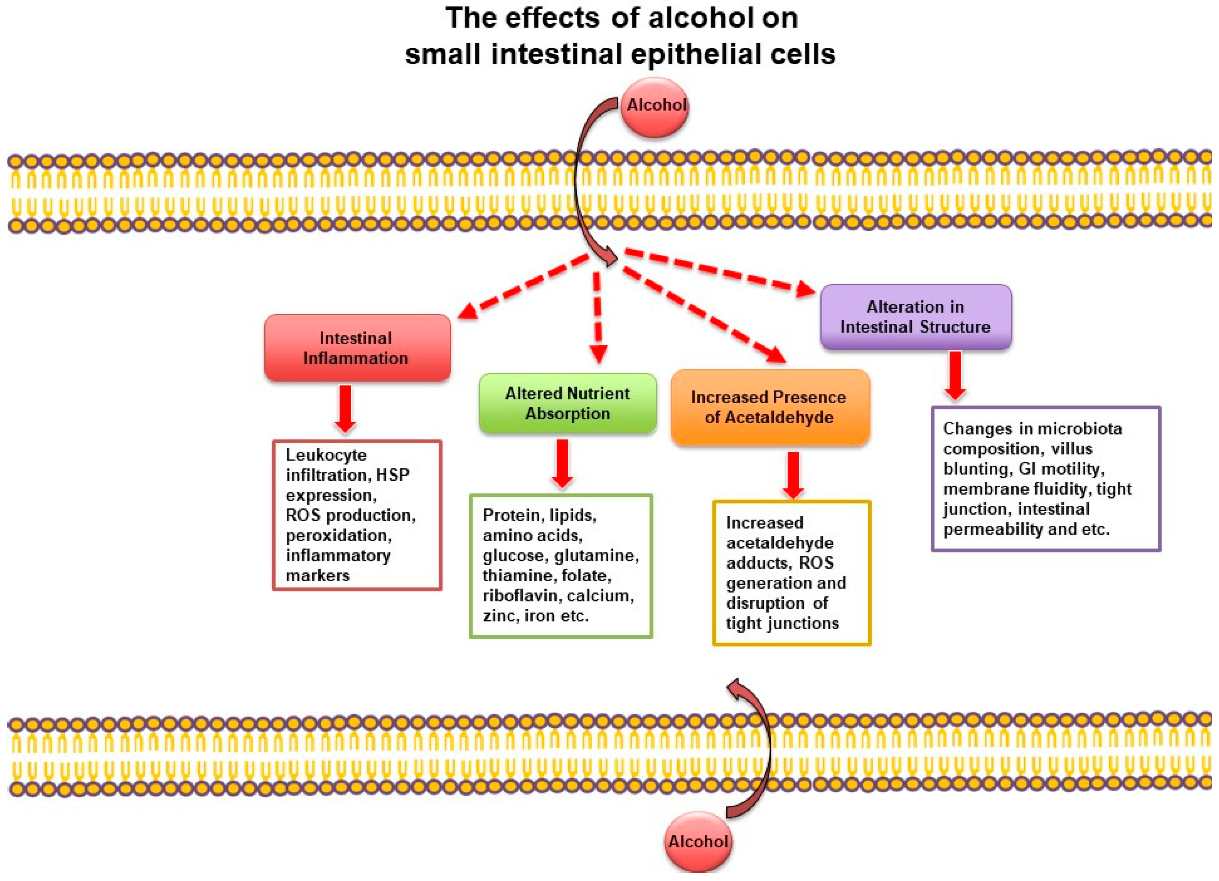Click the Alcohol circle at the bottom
(x=698, y=841)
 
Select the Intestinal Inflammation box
(x=357, y=348)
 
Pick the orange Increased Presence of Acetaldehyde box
(x=770, y=407)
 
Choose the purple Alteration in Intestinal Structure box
(x=915, y=317)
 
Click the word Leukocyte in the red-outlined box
(x=326, y=455)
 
